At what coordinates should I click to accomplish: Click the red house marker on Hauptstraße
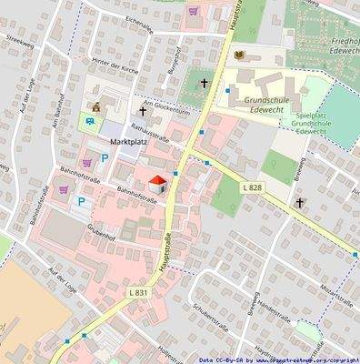[156, 183]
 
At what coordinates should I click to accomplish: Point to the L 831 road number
[137, 291]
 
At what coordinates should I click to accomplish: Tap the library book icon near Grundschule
[239, 56]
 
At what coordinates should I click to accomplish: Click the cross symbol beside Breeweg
[301, 203]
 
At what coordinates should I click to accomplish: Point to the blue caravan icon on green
[91, 119]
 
